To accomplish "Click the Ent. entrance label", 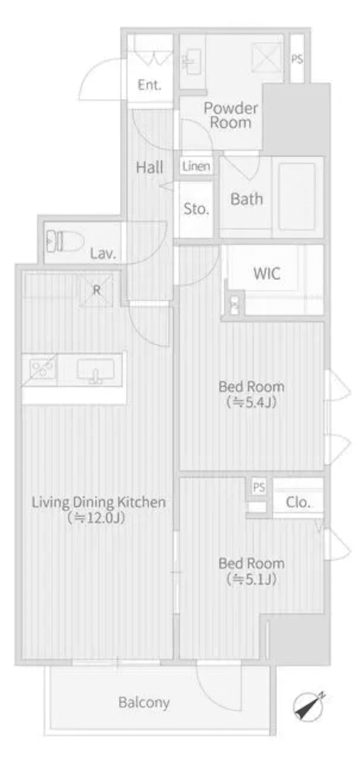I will [150, 85].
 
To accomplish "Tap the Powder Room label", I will [231, 116].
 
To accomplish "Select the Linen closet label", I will [196, 166].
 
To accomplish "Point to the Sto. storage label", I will [196, 209].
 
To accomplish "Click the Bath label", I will [246, 198].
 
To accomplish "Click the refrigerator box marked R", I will [96, 290].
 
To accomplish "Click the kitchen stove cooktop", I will [40, 369].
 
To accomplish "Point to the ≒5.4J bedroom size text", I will [250, 403].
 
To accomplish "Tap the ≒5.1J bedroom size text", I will [250, 579].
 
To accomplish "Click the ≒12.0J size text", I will [98, 518].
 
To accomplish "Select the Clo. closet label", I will [298, 502].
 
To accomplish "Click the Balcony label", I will [144, 702].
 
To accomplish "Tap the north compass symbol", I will [309, 707].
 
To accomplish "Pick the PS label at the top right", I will [297, 58].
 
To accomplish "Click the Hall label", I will [149, 167].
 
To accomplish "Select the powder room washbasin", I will [191, 61].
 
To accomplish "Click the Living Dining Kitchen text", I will [98, 502].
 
